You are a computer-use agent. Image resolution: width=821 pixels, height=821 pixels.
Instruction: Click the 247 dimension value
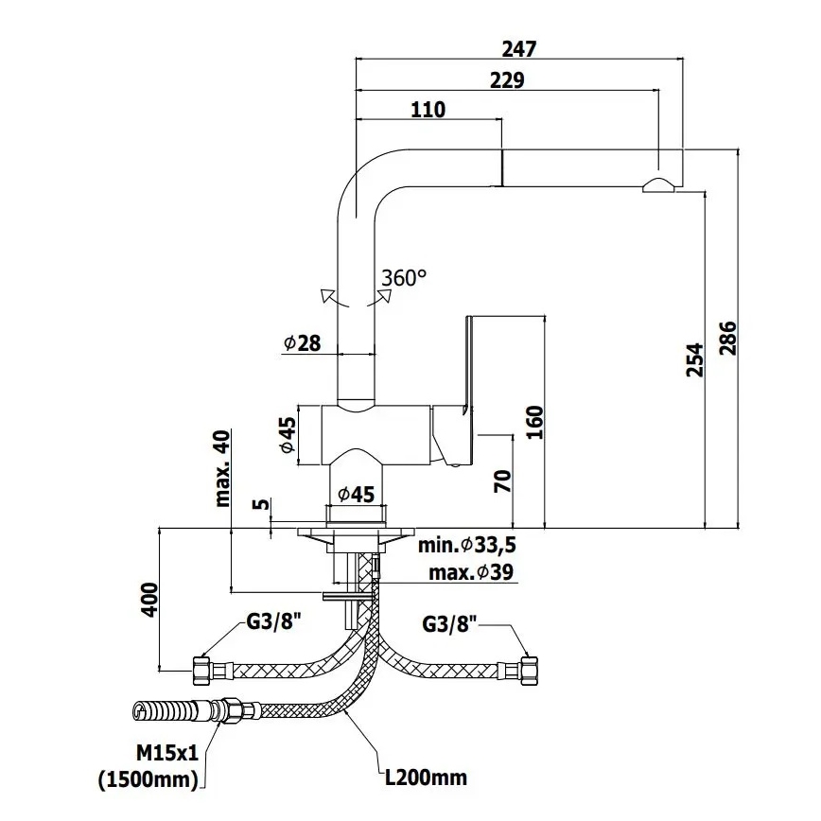pyautogui.click(x=519, y=49)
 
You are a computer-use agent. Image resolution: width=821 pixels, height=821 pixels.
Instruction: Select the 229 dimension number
pyautogui.click(x=507, y=80)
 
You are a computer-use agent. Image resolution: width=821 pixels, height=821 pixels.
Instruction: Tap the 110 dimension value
pyautogui.click(x=428, y=110)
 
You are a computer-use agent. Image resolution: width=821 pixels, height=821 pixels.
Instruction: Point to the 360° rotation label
pyautogui.click(x=404, y=277)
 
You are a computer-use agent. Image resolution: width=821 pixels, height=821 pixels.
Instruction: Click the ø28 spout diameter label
pyautogui.click(x=302, y=343)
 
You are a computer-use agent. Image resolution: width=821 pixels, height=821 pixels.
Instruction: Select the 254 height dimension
pyautogui.click(x=694, y=360)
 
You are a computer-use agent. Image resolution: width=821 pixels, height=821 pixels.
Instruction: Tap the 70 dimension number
pyautogui.click(x=502, y=481)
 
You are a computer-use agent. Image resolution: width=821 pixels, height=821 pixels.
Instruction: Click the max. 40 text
pyautogui.click(x=223, y=466)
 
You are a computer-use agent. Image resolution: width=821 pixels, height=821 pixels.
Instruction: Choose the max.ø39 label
pyautogui.click(x=470, y=572)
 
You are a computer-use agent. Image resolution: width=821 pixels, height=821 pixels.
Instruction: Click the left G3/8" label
pyautogui.click(x=275, y=621)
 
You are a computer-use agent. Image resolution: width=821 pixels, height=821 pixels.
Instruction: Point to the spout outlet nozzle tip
pyautogui.click(x=659, y=185)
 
